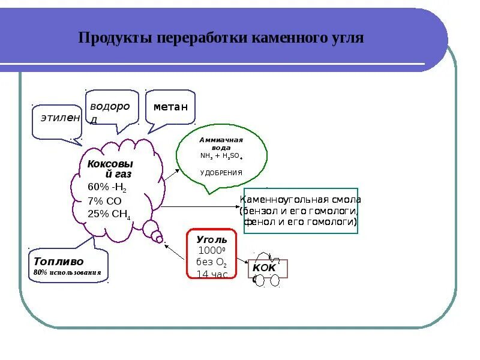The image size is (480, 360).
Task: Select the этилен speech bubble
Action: click(59, 118)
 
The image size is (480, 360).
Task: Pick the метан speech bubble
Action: click(170, 107)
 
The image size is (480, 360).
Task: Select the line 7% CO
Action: click(104, 200)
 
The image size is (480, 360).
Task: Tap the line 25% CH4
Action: click(109, 214)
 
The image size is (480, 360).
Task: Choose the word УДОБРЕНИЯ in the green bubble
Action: click(221, 172)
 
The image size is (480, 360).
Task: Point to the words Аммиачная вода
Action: click(220, 143)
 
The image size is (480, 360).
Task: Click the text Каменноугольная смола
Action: click(301, 200)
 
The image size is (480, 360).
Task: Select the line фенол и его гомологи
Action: click(301, 221)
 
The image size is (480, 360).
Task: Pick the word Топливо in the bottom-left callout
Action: click(59, 262)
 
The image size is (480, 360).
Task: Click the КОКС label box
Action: click(268, 269)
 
